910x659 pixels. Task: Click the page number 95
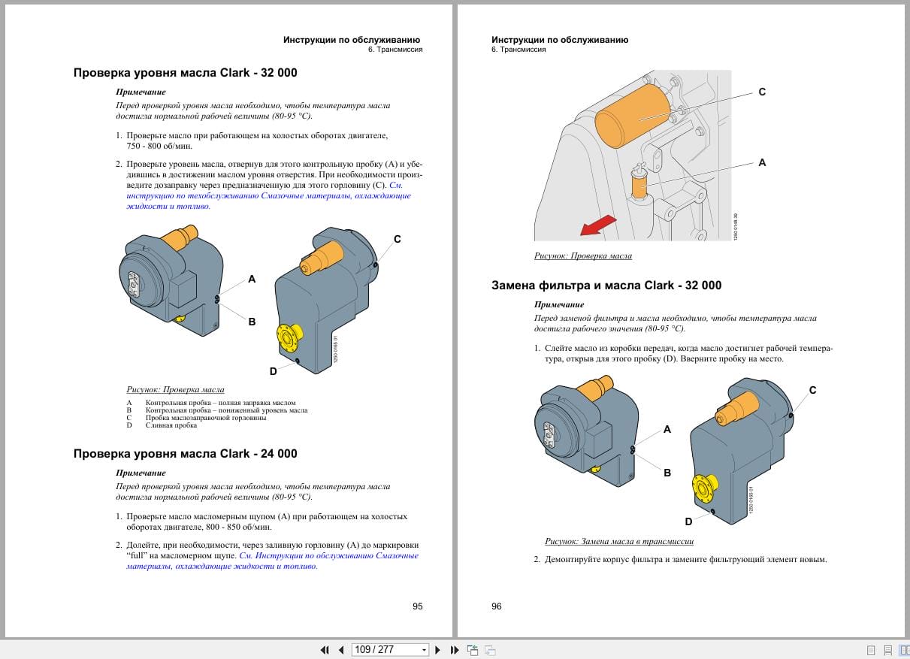click(x=418, y=606)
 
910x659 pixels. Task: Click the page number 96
click(x=497, y=606)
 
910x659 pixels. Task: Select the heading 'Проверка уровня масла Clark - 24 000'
click(x=185, y=454)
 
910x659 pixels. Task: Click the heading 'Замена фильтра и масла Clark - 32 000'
click(x=606, y=286)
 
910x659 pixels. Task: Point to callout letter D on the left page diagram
click(x=274, y=371)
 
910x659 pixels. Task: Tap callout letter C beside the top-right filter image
click(x=762, y=92)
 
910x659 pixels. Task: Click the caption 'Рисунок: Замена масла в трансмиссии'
click(x=619, y=541)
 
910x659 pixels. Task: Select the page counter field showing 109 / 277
click(x=385, y=650)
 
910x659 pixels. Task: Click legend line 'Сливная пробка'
click(x=171, y=425)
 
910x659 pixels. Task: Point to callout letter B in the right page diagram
click(x=667, y=473)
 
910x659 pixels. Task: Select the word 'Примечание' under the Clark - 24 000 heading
click(x=141, y=473)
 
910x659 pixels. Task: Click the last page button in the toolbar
click(x=454, y=650)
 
